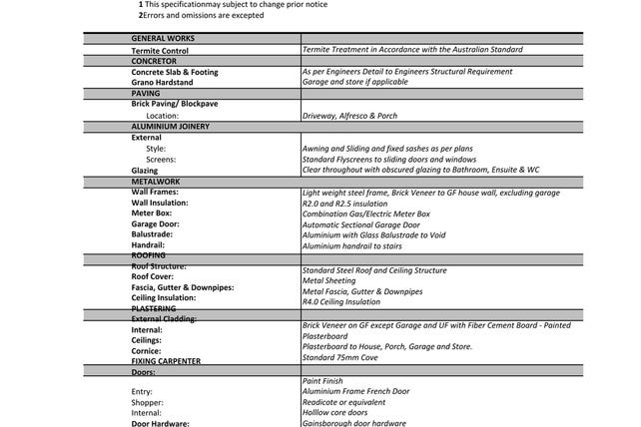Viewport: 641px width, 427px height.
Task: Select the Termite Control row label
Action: tap(160, 50)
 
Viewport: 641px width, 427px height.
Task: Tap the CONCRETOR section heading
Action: tap(154, 61)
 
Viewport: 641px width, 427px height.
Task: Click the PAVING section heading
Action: tap(146, 93)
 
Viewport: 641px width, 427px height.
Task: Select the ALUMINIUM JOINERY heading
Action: tap(172, 127)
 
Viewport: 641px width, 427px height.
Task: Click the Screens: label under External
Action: tap(161, 160)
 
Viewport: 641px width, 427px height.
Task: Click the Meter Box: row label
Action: tap(152, 213)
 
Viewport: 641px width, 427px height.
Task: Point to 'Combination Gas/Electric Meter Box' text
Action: tap(365, 213)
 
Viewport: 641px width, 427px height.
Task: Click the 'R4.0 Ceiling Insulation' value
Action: tap(340, 301)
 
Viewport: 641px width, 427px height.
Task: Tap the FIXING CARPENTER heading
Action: tap(166, 361)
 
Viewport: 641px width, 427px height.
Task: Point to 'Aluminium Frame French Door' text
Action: tap(355, 391)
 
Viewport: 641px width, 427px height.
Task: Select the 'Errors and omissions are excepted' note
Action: tap(204, 16)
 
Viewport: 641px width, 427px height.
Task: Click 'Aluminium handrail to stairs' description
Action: tap(351, 245)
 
